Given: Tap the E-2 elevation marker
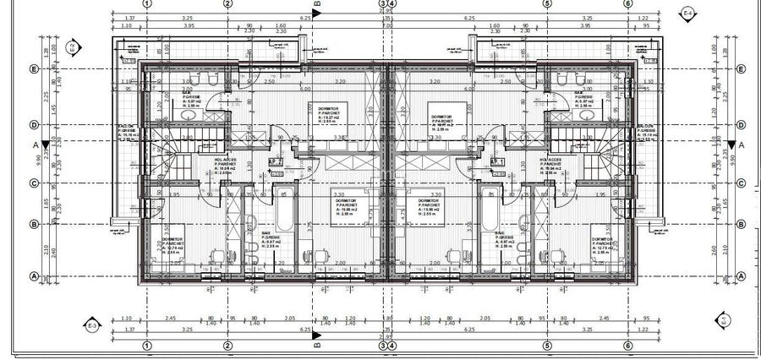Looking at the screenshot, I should pyautogui.click(x=73, y=47).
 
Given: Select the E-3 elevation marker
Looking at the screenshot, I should pyautogui.click(x=92, y=324).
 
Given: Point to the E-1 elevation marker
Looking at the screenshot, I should pyautogui.click(x=724, y=320).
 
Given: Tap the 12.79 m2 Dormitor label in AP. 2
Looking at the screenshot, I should pyautogui.click(x=173, y=245).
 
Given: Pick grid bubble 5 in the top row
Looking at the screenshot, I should pyautogui.click(x=547, y=4).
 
